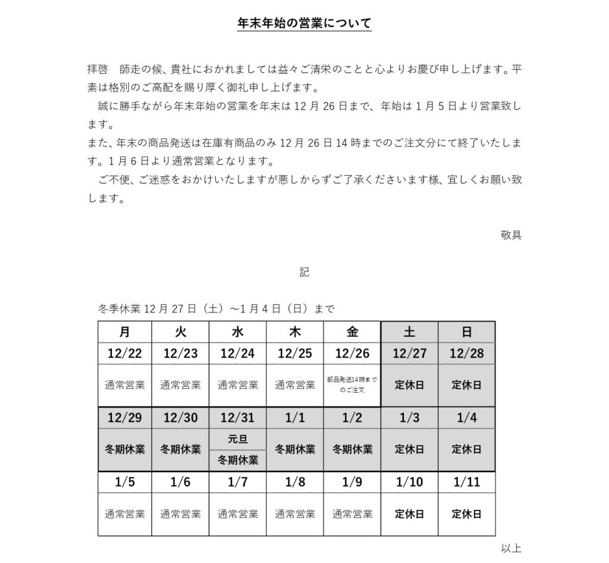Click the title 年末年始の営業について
click(304, 23)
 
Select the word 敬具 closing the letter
click(511, 234)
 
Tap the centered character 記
click(304, 272)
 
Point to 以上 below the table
click(511, 548)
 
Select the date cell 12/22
click(125, 354)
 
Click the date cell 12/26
click(352, 354)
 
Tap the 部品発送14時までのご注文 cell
click(352, 384)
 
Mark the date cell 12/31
click(238, 418)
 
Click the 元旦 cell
click(238, 440)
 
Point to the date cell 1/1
click(295, 418)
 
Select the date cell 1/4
click(466, 418)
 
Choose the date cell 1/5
click(125, 482)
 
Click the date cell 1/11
click(466, 482)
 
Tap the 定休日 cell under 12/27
click(409, 384)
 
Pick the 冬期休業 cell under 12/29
click(125, 449)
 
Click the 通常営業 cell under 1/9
click(352, 514)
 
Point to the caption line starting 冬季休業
click(216, 309)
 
